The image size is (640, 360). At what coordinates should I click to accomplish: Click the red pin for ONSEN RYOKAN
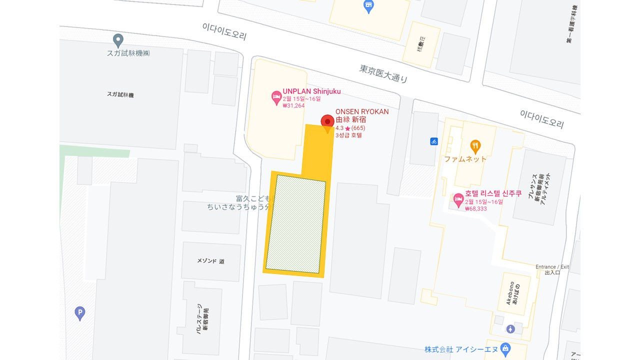327,122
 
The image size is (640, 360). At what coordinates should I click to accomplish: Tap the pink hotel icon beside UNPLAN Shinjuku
276,98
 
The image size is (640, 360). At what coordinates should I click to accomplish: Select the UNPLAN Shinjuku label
311,91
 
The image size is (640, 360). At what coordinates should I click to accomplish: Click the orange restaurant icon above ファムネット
475,146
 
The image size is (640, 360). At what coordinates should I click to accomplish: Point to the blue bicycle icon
434,141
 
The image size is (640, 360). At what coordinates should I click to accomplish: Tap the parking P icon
79,313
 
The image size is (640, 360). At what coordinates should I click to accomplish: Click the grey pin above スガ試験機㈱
118,39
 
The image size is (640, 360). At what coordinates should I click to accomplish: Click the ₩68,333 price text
475,208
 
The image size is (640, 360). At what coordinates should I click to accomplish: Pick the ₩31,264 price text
293,105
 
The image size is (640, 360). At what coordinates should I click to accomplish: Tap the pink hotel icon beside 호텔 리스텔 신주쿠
458,200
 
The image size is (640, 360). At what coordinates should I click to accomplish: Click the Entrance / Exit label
552,266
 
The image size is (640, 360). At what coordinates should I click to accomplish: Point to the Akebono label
510,293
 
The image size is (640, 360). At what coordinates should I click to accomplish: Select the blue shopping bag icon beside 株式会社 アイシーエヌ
505,347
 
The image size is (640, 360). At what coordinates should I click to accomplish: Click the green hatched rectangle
295,224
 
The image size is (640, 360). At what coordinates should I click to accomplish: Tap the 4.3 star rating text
339,128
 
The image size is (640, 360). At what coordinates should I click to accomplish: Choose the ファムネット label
465,159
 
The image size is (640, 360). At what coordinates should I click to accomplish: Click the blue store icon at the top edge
368,6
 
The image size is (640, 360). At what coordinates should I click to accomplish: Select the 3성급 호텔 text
348,135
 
